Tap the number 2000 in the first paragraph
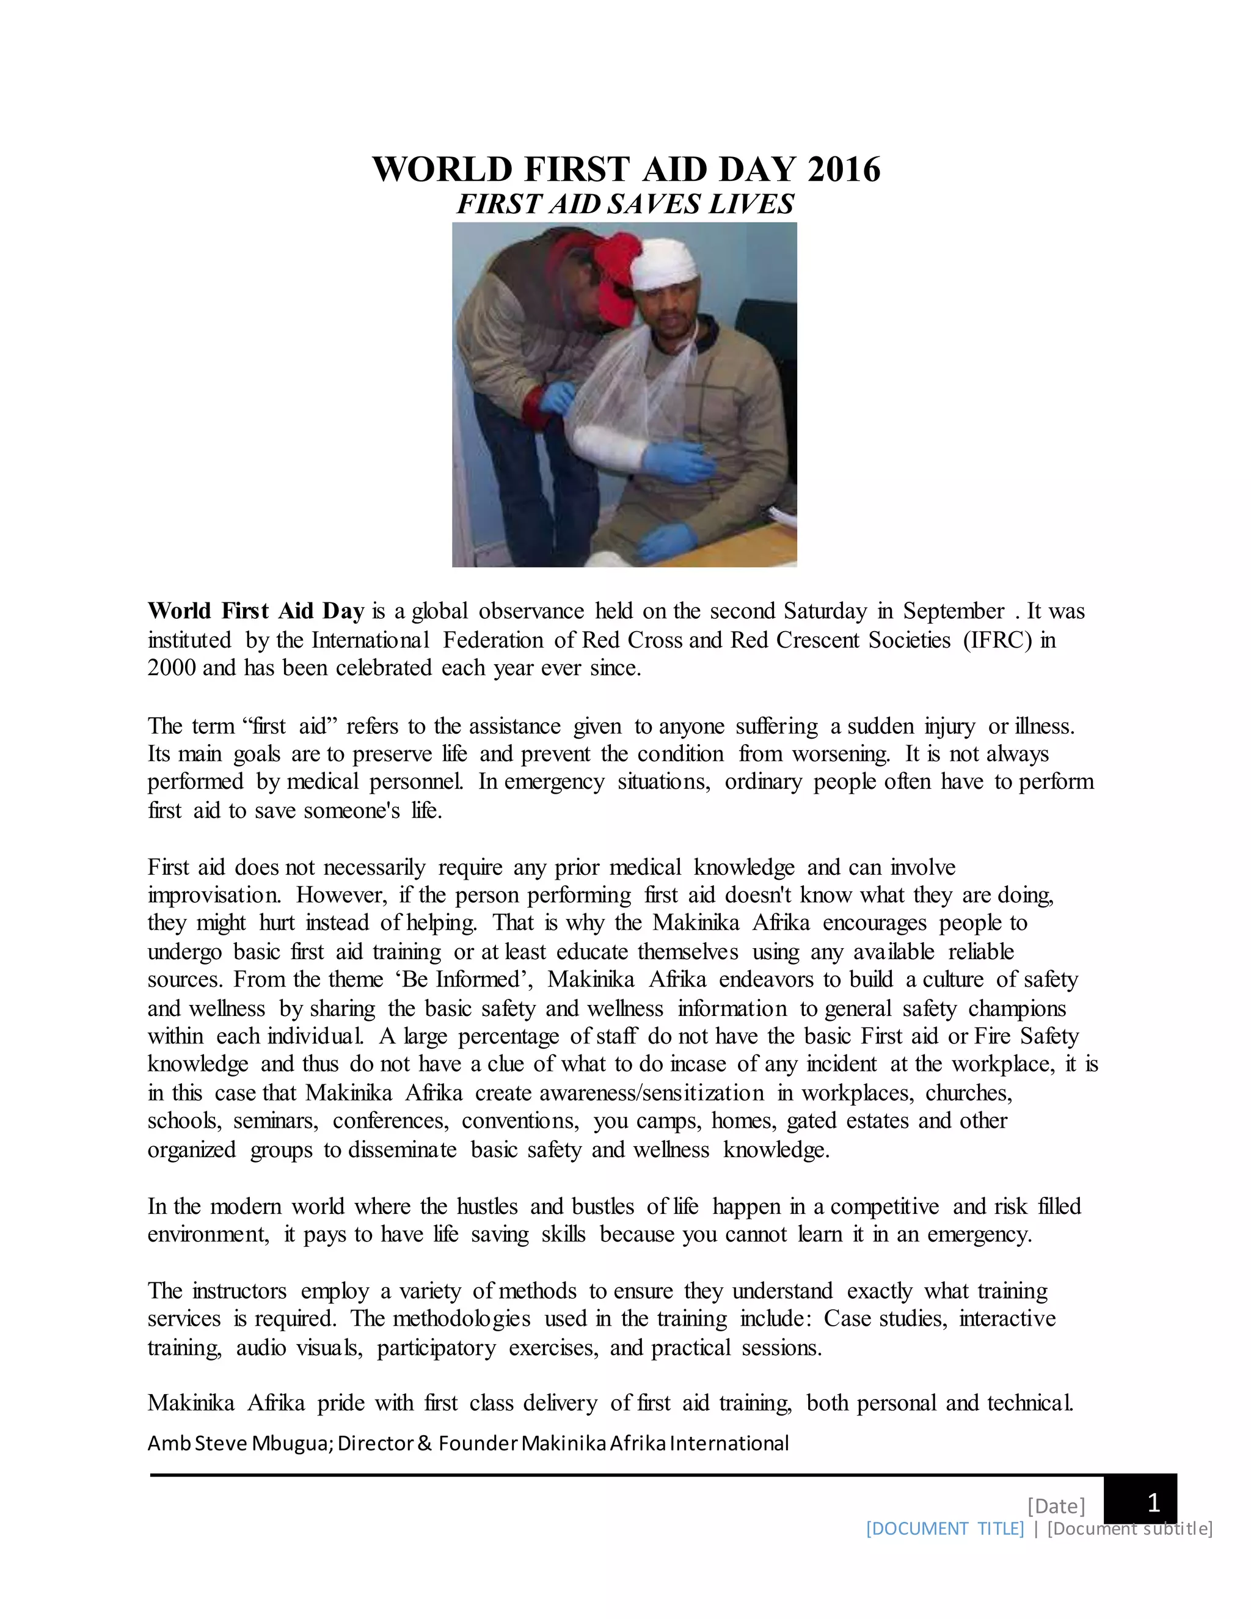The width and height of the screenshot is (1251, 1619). [171, 668]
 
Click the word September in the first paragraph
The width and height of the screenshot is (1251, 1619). [954, 611]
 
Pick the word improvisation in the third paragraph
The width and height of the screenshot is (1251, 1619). [213, 895]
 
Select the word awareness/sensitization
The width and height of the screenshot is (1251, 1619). [651, 1094]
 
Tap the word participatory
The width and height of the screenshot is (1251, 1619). [437, 1347]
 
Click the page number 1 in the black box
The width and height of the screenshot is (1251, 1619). [1153, 1504]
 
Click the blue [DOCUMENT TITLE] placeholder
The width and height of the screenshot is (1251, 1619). [945, 1529]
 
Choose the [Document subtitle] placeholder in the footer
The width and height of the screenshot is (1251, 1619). [1129, 1529]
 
